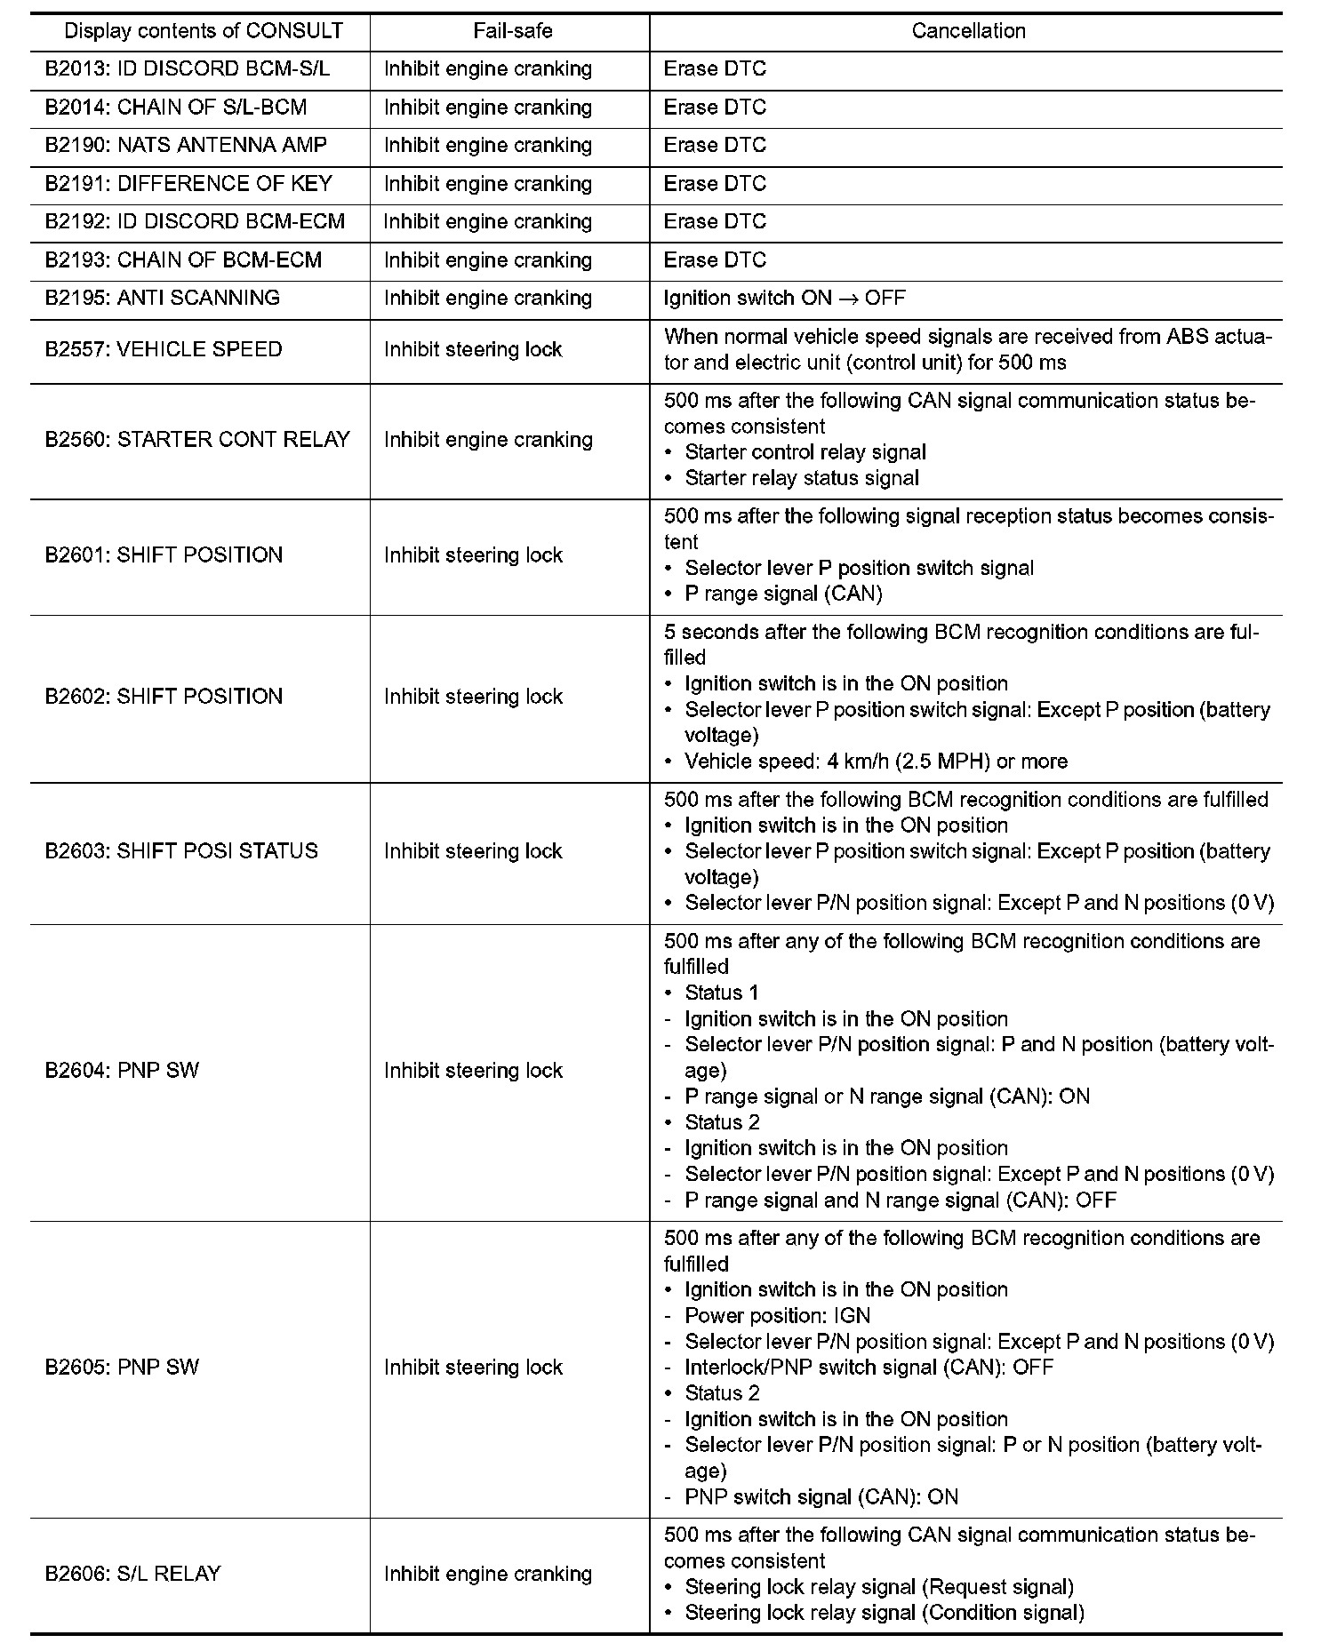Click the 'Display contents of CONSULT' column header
(204, 31)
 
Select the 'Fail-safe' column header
(513, 31)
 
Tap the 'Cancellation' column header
(968, 31)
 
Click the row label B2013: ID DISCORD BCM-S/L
(188, 69)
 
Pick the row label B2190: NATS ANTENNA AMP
(186, 145)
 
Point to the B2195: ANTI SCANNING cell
(163, 298)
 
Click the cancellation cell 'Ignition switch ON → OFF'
(784, 298)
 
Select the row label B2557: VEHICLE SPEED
(164, 349)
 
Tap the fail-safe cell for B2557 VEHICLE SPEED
(473, 349)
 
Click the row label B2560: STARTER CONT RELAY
(197, 439)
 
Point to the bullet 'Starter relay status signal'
(802, 478)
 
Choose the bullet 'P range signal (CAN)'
(783, 594)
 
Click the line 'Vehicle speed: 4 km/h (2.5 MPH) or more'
(876, 762)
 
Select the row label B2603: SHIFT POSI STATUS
(181, 850)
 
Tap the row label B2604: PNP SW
(123, 1070)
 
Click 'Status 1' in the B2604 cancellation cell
(722, 993)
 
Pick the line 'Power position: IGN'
(777, 1315)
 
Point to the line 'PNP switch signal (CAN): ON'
(821, 1496)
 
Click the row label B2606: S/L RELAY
(132, 1574)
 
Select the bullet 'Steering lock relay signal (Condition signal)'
(884, 1612)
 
